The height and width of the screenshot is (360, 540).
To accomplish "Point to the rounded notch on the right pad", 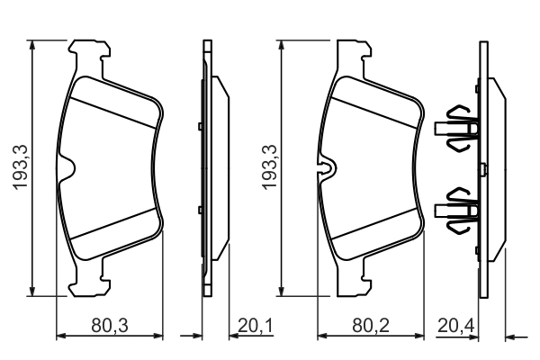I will (328, 167).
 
